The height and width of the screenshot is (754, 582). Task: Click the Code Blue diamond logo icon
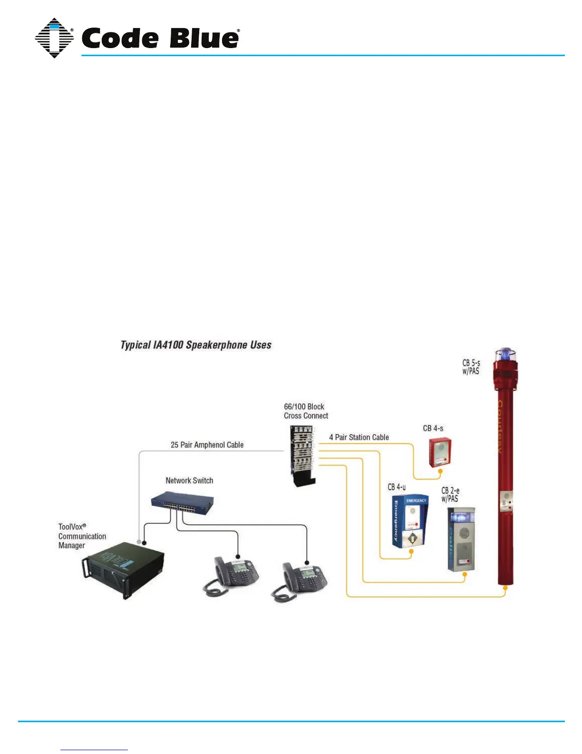[54, 38]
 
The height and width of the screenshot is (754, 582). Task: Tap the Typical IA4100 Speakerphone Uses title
[196, 345]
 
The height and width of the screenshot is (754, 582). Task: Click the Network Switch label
[189, 481]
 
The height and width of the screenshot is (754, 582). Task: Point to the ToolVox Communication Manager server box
[123, 568]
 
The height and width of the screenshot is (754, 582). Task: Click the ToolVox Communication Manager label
[82, 536]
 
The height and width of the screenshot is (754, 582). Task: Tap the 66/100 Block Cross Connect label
[306, 411]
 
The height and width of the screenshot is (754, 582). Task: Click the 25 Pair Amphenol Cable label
[207, 445]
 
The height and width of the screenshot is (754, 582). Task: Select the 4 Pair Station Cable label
[359, 437]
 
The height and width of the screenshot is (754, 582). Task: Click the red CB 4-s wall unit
[440, 452]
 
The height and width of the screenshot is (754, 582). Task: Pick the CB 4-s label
[433, 428]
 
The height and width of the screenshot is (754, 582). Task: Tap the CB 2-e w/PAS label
[450, 495]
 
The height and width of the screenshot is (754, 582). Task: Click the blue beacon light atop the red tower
[505, 354]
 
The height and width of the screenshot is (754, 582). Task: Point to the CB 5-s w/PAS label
[471, 367]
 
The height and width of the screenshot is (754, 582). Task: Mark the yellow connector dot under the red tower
[505, 588]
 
